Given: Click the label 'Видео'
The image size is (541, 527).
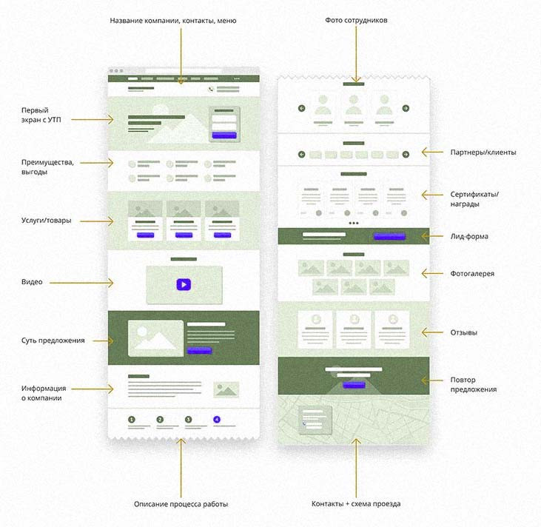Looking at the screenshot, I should pos(32,282).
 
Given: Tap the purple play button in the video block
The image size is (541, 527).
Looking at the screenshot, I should pos(183,283).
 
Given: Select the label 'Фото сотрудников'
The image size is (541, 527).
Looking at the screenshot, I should pos(356,20).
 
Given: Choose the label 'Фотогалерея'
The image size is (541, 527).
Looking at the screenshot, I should pos(473,274).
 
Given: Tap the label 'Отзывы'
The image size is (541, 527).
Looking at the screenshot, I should pos(464,332).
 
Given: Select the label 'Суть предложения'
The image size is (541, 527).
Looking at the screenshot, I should pos(53,340).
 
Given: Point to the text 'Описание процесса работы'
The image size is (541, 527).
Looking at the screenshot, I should pos(181,504).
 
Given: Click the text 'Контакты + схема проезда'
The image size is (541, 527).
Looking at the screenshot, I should pos(356,504).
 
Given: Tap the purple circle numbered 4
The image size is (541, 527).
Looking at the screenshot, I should pos(217,420).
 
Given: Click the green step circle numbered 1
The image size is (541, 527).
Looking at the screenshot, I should pos(132,420).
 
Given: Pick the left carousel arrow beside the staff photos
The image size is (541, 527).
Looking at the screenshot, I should pos(302,108).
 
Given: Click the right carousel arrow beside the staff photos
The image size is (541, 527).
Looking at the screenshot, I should pos(406,108).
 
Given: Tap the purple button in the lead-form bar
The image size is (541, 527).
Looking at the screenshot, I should pos(389,237).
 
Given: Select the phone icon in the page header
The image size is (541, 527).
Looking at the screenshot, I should pos(211,90).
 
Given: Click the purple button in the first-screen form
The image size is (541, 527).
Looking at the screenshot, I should pos(224,135).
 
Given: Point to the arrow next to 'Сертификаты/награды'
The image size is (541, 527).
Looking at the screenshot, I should pos(429,195).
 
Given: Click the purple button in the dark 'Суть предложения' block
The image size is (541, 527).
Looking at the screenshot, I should pos(199,351).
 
